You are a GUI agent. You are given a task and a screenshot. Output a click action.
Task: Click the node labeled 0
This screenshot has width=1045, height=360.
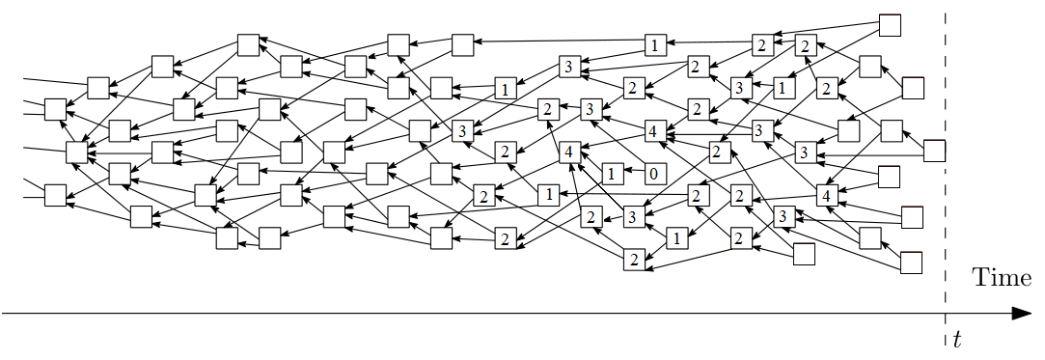tap(653, 175)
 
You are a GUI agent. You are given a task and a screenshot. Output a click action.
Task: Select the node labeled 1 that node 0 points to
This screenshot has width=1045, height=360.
tap(611, 175)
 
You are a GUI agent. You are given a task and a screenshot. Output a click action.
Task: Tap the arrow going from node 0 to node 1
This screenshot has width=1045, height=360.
tap(632, 175)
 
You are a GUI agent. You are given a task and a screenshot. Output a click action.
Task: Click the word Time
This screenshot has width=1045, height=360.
tap(1001, 278)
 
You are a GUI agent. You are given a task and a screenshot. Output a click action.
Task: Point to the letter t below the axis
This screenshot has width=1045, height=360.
tap(956, 339)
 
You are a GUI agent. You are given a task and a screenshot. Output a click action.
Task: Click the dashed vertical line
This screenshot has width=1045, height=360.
tap(945, 193)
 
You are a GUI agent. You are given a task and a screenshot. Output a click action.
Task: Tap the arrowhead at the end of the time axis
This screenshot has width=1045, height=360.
tap(1021, 314)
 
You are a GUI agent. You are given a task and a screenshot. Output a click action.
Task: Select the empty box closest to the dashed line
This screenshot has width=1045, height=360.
tap(934, 151)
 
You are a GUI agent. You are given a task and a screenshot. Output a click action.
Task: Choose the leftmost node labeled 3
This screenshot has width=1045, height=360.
tap(461, 131)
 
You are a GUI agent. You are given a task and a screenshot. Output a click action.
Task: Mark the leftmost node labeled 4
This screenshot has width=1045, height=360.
tap(569, 152)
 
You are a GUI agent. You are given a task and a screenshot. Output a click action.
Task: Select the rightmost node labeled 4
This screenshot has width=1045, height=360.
tap(826, 195)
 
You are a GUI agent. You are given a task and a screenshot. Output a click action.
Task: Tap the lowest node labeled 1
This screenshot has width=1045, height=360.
tap(676, 236)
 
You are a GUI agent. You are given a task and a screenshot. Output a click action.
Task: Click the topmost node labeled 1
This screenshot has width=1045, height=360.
tap(654, 44)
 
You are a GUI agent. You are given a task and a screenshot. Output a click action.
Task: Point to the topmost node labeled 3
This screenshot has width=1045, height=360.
tap(568, 67)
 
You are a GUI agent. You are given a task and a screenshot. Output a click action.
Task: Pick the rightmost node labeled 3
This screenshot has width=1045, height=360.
tap(803, 152)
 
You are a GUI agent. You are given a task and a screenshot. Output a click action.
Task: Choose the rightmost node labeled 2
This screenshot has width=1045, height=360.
tap(826, 89)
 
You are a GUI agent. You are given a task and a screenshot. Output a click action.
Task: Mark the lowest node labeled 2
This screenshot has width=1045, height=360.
tap(634, 258)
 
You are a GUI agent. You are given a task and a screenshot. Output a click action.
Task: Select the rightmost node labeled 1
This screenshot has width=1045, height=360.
tap(782, 88)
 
